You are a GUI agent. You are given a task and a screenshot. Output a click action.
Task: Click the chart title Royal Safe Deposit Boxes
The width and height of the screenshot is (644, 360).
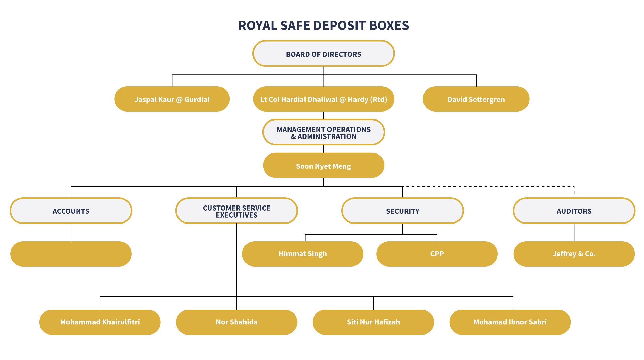(x=324, y=25)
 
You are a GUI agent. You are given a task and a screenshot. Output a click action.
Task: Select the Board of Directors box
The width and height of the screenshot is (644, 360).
(x=324, y=54)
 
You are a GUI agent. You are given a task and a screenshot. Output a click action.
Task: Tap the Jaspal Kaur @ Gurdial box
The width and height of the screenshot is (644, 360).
(x=172, y=99)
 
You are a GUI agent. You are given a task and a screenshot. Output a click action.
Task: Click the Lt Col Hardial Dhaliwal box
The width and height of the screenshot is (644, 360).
(x=324, y=99)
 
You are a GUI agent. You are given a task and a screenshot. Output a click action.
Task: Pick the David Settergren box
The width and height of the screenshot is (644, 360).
(x=476, y=99)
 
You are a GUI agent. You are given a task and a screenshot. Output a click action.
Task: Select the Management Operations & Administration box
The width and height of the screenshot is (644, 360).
(x=324, y=133)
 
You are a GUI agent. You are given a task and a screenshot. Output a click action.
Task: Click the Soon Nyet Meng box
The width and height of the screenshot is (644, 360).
(x=324, y=166)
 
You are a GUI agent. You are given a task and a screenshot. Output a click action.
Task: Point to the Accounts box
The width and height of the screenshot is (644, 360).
(x=71, y=211)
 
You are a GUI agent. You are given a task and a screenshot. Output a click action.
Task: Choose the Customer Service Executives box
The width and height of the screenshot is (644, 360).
(x=236, y=211)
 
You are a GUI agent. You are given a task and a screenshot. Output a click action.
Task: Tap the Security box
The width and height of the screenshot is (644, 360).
(x=402, y=211)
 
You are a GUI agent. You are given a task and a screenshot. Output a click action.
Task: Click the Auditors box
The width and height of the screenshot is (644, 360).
(x=574, y=211)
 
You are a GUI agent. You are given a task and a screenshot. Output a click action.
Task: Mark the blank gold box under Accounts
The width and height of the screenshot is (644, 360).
(x=71, y=254)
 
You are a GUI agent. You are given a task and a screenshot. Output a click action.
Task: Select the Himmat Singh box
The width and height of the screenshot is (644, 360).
(x=303, y=254)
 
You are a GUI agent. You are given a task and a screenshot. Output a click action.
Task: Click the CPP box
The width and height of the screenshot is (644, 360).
(x=437, y=254)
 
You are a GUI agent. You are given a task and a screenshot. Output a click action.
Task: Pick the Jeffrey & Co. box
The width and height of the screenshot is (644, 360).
(x=574, y=254)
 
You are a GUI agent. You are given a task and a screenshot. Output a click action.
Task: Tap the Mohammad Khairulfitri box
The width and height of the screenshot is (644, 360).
(x=100, y=322)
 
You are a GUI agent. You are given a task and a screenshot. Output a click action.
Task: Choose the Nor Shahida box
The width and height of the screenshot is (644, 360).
(x=236, y=322)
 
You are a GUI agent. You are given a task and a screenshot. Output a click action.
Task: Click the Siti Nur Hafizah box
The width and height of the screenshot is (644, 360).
(x=373, y=322)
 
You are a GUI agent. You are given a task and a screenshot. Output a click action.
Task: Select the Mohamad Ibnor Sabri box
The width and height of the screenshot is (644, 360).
(x=510, y=322)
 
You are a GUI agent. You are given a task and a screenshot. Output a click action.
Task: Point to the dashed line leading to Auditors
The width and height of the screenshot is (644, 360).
(x=489, y=186)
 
